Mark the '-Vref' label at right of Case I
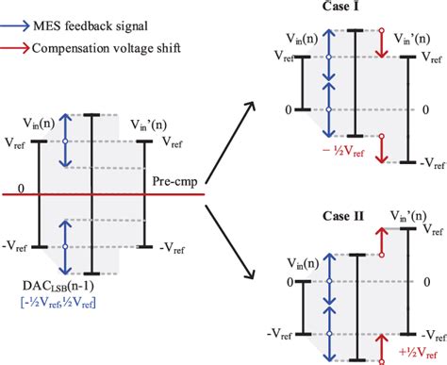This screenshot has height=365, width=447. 428,163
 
